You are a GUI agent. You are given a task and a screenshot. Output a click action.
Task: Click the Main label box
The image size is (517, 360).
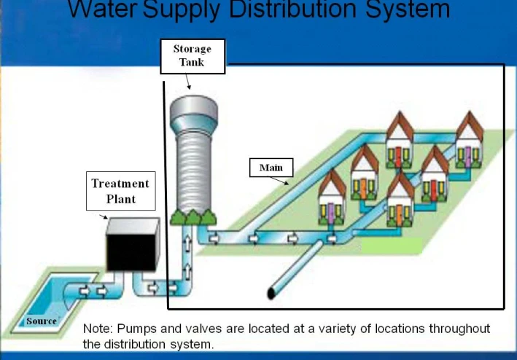[x=271, y=168]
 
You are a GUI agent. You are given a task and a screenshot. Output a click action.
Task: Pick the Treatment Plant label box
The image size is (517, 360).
[x=120, y=190]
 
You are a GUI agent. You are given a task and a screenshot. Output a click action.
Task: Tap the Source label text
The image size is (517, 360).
[x=42, y=321]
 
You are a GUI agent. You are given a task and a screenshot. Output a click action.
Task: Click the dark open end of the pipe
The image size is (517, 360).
[x=272, y=293]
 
